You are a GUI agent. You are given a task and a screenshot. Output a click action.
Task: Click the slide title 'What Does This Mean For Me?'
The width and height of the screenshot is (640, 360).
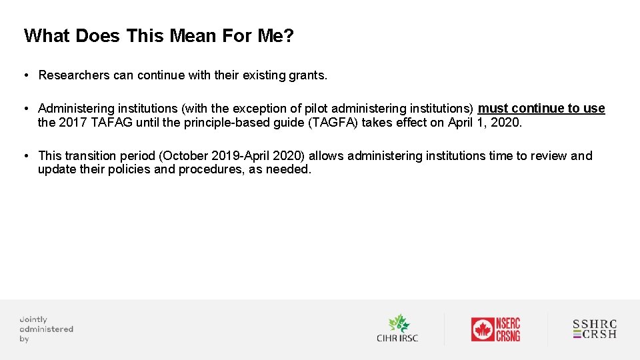(x=159, y=35)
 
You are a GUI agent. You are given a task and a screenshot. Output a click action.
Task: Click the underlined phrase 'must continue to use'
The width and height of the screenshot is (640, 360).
(x=541, y=109)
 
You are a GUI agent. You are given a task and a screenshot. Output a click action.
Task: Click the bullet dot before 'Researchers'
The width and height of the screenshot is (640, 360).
(x=25, y=75)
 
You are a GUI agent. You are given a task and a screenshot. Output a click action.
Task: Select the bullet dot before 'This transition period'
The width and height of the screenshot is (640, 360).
(x=25, y=156)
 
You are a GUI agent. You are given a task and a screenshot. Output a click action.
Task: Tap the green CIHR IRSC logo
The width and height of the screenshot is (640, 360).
(x=397, y=329)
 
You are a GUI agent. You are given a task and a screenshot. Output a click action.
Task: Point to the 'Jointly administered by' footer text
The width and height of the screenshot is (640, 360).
(x=45, y=329)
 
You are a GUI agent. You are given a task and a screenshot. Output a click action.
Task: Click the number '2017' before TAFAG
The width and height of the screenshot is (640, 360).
(x=73, y=123)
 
